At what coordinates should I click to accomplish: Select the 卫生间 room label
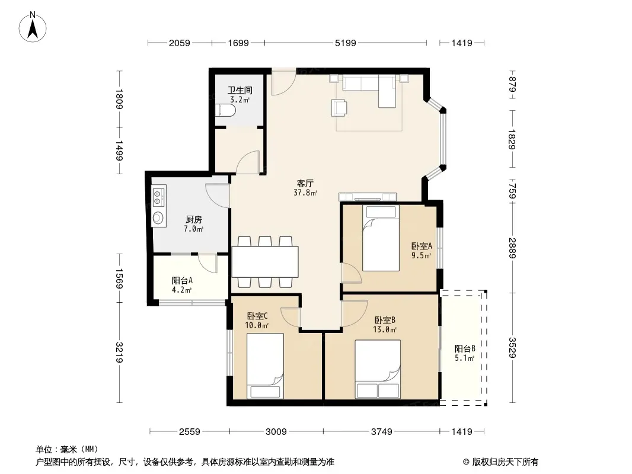click(x=240, y=90)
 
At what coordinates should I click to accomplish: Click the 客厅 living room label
click(x=305, y=184)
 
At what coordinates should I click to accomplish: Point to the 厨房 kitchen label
click(x=194, y=219)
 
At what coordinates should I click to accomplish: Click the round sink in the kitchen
click(x=158, y=218)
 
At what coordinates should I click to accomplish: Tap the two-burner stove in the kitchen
click(x=158, y=197)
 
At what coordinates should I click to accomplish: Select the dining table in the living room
click(x=265, y=261)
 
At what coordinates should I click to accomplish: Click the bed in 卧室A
click(x=381, y=238)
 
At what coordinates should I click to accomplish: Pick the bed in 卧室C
click(x=265, y=366)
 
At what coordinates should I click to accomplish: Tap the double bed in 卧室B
click(x=378, y=369)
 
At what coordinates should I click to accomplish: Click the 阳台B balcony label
click(x=465, y=348)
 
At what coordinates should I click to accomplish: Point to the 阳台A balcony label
click(x=182, y=280)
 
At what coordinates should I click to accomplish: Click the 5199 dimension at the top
click(x=346, y=43)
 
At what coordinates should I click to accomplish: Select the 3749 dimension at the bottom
click(x=381, y=432)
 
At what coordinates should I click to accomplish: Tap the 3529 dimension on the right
click(x=512, y=347)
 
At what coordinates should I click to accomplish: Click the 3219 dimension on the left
click(x=119, y=353)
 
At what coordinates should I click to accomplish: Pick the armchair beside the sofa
click(x=339, y=108)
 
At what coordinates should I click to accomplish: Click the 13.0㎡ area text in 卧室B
click(x=385, y=329)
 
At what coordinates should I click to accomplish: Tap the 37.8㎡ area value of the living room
click(x=305, y=193)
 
